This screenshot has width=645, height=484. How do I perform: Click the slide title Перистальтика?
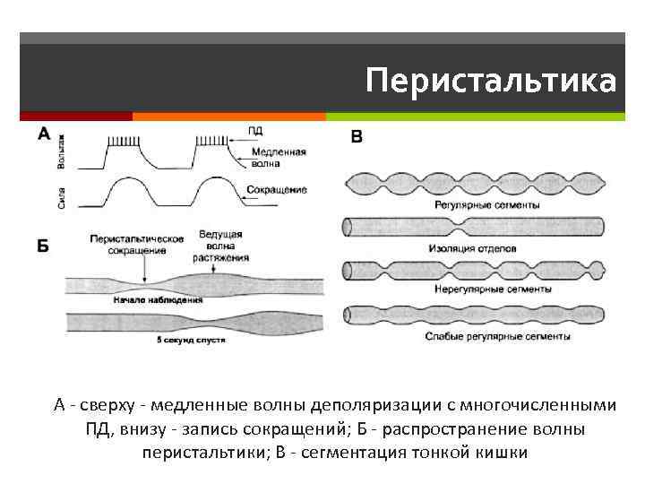click(x=491, y=81)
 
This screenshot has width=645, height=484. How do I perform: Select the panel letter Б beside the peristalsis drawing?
click(x=44, y=246)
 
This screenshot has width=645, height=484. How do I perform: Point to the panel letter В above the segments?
click(x=357, y=137)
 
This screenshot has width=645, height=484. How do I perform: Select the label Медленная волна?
click(x=277, y=158)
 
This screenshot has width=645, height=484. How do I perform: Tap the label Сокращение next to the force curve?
click(x=276, y=190)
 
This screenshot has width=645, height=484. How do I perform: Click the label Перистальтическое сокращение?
click(x=137, y=245)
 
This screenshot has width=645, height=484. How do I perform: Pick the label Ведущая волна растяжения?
click(x=221, y=246)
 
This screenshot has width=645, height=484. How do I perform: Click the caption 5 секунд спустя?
click(x=190, y=341)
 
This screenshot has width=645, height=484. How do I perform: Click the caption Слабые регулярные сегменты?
click(x=500, y=337)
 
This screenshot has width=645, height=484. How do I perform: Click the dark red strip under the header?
click(x=76, y=117)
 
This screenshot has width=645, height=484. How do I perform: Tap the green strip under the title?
click(x=475, y=117)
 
